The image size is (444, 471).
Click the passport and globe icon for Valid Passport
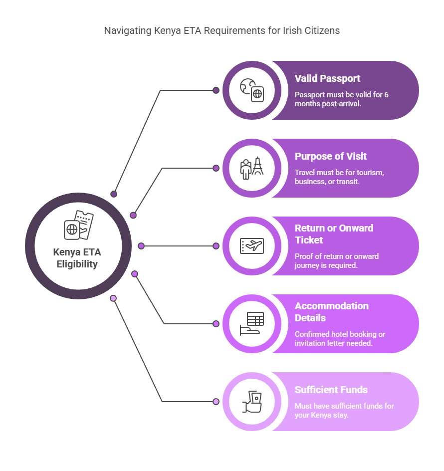click(x=252, y=90)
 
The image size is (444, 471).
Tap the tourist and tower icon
click(x=252, y=168)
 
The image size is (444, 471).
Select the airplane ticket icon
click(x=252, y=245)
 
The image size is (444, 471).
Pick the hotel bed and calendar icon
click(x=252, y=323)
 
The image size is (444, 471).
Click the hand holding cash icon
click(x=252, y=401)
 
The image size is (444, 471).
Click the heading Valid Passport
click(x=327, y=79)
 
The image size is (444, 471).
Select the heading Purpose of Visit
click(x=330, y=156)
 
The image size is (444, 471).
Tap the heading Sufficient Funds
click(x=331, y=390)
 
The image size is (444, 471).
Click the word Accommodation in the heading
click(x=332, y=306)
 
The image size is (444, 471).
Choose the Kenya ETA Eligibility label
click(x=77, y=258)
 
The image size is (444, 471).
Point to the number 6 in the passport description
click(x=386, y=95)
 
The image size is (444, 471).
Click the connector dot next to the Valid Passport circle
click(x=216, y=90)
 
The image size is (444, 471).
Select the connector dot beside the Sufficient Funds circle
click(x=216, y=401)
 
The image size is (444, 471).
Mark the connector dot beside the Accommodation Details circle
click(x=216, y=323)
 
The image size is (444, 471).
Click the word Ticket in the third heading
click(x=308, y=240)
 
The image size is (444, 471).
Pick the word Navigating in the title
click(x=128, y=31)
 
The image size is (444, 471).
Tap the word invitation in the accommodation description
click(x=308, y=343)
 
